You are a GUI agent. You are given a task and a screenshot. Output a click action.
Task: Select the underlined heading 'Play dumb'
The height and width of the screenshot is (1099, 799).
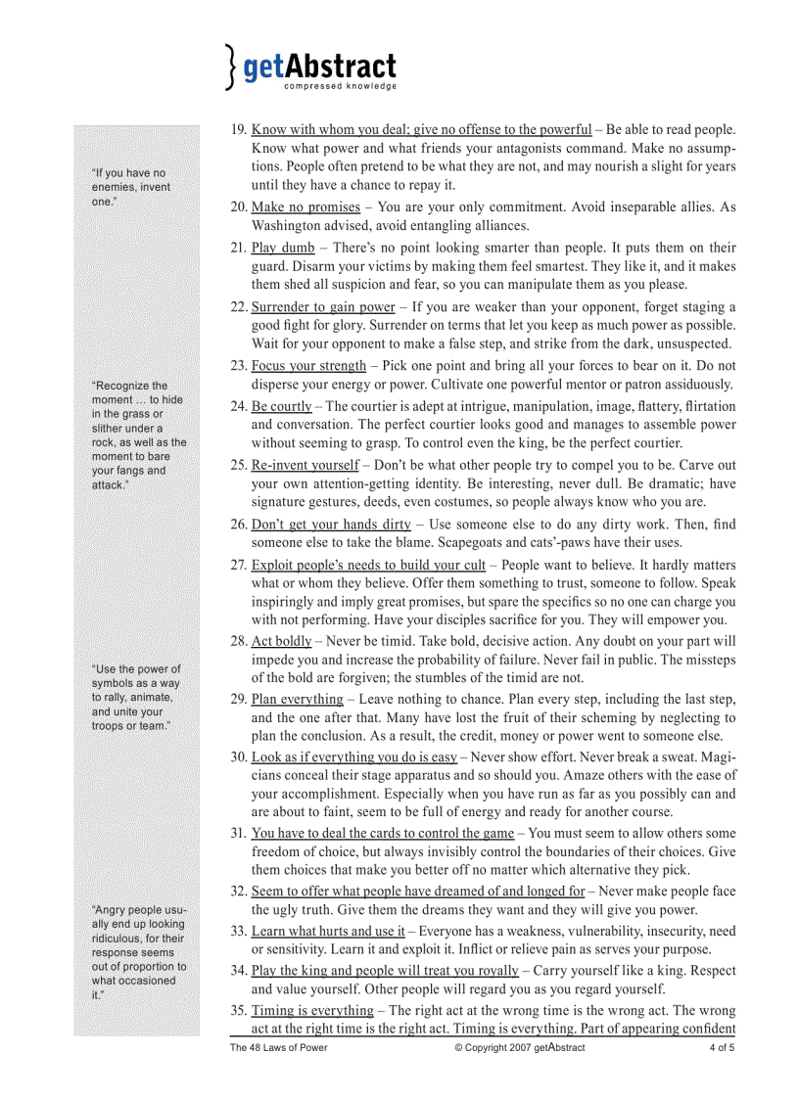pos(283,248)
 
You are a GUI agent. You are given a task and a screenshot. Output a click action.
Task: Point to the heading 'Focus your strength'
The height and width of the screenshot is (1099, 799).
pos(308,365)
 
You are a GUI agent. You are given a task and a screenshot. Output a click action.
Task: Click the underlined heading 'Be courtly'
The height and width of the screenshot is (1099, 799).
pos(281,405)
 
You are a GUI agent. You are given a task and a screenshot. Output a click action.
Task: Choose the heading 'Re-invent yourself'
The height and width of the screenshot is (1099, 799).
pos(305,465)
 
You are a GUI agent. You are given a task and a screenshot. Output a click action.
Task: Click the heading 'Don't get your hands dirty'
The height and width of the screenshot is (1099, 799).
pos(331,525)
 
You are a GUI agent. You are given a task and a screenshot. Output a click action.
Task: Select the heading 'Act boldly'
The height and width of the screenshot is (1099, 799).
pos(281,641)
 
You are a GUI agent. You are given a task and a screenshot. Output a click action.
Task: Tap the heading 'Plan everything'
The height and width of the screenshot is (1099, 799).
pos(297,700)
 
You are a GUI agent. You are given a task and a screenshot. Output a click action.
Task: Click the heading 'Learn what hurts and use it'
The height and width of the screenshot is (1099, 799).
pos(328,931)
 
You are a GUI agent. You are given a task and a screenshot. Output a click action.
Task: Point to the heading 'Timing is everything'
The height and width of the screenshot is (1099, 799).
pos(312,1010)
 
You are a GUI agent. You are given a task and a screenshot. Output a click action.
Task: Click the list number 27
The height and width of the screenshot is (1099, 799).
pos(238,565)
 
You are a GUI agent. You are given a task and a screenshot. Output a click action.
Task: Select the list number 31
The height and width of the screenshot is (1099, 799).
pos(238,833)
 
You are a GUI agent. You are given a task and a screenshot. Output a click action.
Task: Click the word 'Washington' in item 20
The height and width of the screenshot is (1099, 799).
pos(287,226)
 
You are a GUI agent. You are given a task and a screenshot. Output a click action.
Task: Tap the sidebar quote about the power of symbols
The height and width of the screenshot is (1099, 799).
pos(136,698)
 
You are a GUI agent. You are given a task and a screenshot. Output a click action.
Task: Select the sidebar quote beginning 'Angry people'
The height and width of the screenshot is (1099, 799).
pos(138,952)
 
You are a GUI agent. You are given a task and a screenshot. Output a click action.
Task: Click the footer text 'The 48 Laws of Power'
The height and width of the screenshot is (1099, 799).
pos(278,1047)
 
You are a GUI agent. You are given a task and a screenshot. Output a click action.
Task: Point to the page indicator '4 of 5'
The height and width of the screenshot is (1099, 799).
pos(722,1047)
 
